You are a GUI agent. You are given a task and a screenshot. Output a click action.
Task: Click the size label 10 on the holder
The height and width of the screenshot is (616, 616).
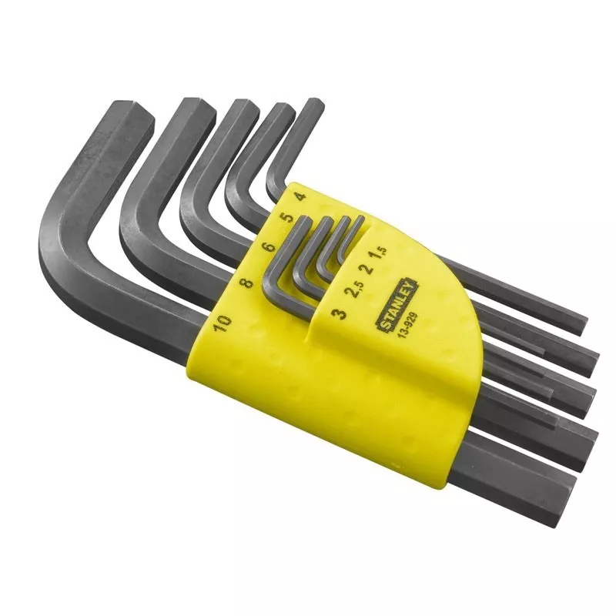223,323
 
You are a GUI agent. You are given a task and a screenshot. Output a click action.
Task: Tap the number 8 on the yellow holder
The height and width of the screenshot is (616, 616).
247,283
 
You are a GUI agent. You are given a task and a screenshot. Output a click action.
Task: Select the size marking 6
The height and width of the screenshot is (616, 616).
269,247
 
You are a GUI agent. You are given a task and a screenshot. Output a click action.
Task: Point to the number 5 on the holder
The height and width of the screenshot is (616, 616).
289,217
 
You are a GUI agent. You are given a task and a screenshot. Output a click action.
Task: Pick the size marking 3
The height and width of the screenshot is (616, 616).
339,314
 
